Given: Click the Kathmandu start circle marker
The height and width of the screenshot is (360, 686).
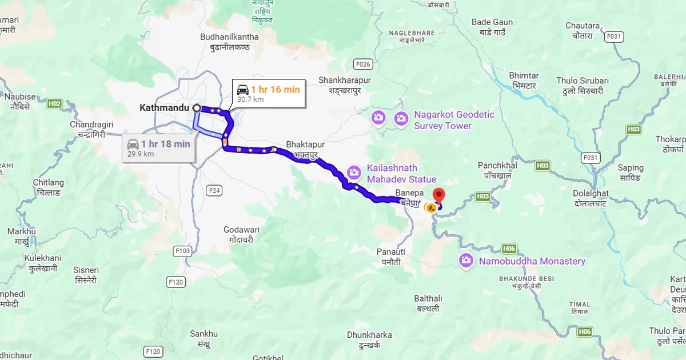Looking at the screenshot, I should coord(197,107).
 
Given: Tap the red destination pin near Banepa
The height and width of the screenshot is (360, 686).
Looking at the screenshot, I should coord(439,194).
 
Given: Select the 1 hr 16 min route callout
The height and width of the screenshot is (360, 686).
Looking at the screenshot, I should coord(268,93).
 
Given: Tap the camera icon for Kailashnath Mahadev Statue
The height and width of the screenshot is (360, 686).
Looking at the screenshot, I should coord(354,171).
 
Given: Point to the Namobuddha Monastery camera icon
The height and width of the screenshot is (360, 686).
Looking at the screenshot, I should coord(466,261).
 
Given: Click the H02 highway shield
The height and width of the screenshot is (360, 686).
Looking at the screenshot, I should coord(55,103).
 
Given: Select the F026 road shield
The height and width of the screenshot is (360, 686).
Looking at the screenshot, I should coord(363,63).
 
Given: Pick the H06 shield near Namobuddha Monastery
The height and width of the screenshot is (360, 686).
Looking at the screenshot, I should coord(509,248).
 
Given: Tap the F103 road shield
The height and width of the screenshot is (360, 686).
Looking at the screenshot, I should coord(184,250).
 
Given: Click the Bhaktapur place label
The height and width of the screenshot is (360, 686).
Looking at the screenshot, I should coord(305,149).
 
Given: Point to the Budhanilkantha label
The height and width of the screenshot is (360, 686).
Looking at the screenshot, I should coord(229,42).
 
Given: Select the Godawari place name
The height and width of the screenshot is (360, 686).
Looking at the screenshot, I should coord(241,234).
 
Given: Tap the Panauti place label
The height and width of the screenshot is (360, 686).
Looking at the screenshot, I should coord(391,257).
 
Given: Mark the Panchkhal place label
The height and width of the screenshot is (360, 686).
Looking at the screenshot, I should coord(497,170).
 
